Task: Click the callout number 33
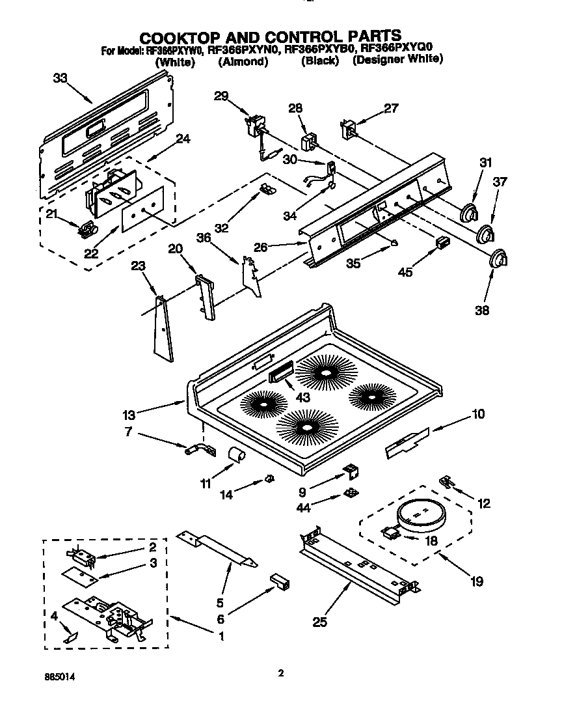(60, 78)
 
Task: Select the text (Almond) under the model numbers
(243, 61)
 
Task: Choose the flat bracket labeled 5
(217, 546)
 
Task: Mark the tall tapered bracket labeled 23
(164, 329)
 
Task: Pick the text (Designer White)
(397, 59)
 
